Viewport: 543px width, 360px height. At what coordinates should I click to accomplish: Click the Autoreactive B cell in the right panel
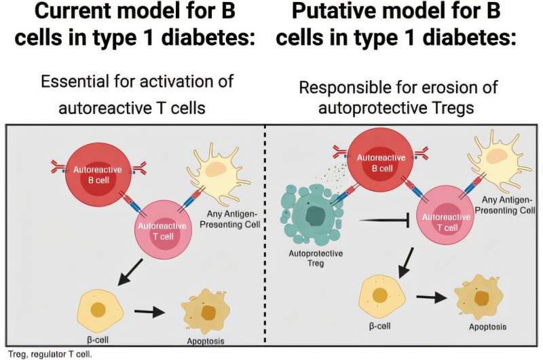coord(380,163)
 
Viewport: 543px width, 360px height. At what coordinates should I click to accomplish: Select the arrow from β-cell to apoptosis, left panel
coord(149,312)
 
